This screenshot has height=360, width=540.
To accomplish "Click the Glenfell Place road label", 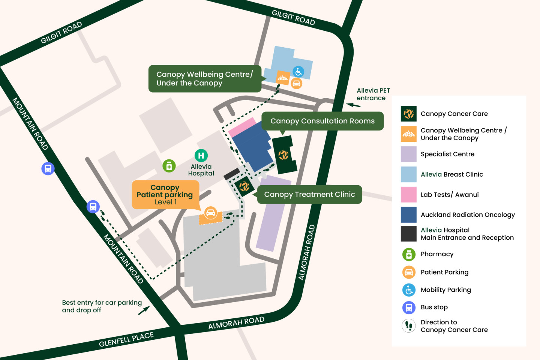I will pyautogui.click(x=126, y=339).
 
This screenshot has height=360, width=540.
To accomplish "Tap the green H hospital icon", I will pyautogui.click(x=201, y=155).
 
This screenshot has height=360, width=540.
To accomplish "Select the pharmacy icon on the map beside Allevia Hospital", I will pyautogui.click(x=169, y=166).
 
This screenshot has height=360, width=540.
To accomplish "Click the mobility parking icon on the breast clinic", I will pyautogui.click(x=298, y=72).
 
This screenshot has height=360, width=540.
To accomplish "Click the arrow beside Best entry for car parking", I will pyautogui.click(x=144, y=310).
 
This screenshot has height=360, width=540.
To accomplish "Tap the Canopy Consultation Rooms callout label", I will pyautogui.click(x=322, y=121).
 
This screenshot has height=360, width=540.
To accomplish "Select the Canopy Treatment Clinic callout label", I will pyautogui.click(x=309, y=194).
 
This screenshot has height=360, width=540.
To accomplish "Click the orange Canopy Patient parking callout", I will pyautogui.click(x=165, y=195).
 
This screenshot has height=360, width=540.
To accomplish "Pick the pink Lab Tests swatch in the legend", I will pyautogui.click(x=408, y=195).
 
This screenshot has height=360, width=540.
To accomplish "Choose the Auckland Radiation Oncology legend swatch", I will pyautogui.click(x=408, y=215).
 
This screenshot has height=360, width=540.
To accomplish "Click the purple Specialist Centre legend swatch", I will pyautogui.click(x=408, y=154).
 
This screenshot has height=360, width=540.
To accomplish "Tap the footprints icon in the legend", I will pyautogui.click(x=409, y=326).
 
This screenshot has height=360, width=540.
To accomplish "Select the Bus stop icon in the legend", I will pyautogui.click(x=409, y=307).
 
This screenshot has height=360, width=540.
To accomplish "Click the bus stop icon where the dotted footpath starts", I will pyautogui.click(x=93, y=207).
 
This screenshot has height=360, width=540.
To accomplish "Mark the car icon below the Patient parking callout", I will pyautogui.click(x=211, y=213).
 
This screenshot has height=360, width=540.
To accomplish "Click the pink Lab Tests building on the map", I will pyautogui.click(x=242, y=127).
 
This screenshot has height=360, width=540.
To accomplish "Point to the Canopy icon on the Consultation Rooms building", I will pyautogui.click(x=283, y=154).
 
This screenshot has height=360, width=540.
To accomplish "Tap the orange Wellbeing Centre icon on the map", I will pyautogui.click(x=283, y=78).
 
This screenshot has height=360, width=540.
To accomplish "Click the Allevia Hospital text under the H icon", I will pyautogui.click(x=201, y=170).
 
